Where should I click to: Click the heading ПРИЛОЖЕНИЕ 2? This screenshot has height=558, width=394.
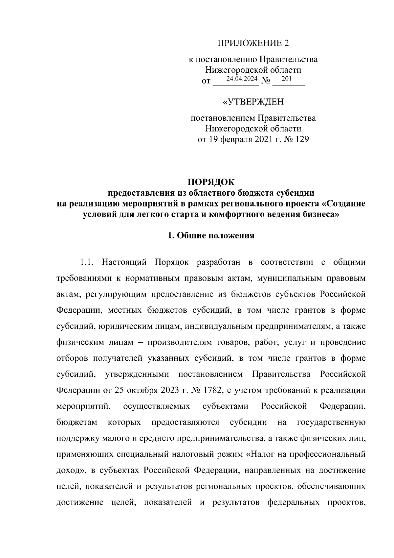(253, 43)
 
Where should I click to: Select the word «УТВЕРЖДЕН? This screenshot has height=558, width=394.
(253, 102)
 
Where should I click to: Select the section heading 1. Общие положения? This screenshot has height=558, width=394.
(211, 235)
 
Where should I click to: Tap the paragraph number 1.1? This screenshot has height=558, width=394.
(87, 262)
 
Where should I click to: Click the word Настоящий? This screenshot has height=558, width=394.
(123, 262)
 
